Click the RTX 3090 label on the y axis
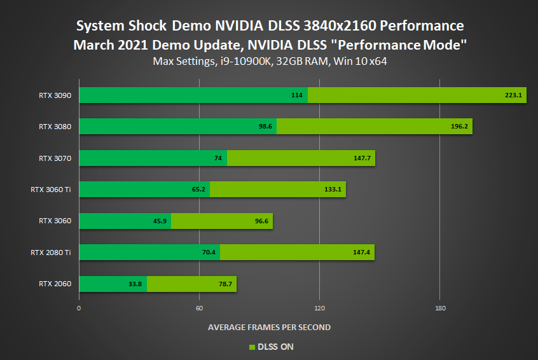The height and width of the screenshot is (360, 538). pos(55,95)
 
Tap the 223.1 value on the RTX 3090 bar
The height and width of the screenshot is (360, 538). pos(513,95)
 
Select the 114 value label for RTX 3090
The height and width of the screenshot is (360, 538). pos(296,95)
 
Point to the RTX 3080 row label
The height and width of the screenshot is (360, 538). pos(55,127)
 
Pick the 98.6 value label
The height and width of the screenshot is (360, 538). pos(265,127)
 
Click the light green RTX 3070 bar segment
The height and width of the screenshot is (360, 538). pos(301,158)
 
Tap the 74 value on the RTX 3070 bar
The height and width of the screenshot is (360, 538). pos(217,158)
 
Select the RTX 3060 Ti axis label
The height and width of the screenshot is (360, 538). pos(50,190)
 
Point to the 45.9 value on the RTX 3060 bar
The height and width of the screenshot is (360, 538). pos(159,221)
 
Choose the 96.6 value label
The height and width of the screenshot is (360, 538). pos(261,221)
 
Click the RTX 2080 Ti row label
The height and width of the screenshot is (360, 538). pos(50,253)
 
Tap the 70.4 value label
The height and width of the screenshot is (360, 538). pos(209,253)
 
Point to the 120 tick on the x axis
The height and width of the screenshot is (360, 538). pos(319,308)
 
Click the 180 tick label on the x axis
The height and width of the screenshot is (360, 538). pos(439,308)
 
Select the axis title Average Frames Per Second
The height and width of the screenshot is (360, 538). pos(269,328)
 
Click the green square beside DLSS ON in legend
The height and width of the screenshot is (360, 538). pos(251,347)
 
